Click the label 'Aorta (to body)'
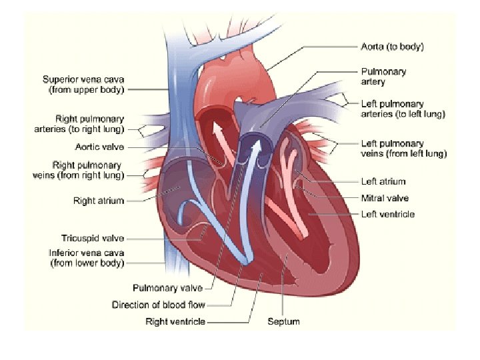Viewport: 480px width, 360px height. click(393, 47)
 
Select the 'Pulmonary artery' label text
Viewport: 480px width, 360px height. click(383, 77)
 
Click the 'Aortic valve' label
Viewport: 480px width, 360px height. click(99, 147)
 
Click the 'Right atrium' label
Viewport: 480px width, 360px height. click(99, 201)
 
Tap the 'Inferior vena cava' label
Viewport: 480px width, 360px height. click(87, 258)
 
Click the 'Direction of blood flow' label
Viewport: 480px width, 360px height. click(158, 305)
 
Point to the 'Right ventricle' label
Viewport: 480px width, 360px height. click(175, 322)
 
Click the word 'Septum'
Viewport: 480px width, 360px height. click(283, 322)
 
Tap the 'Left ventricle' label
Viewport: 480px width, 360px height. click(388, 215)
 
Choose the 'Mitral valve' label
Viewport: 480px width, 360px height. click(385, 198)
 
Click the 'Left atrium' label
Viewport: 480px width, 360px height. click(383, 181)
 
